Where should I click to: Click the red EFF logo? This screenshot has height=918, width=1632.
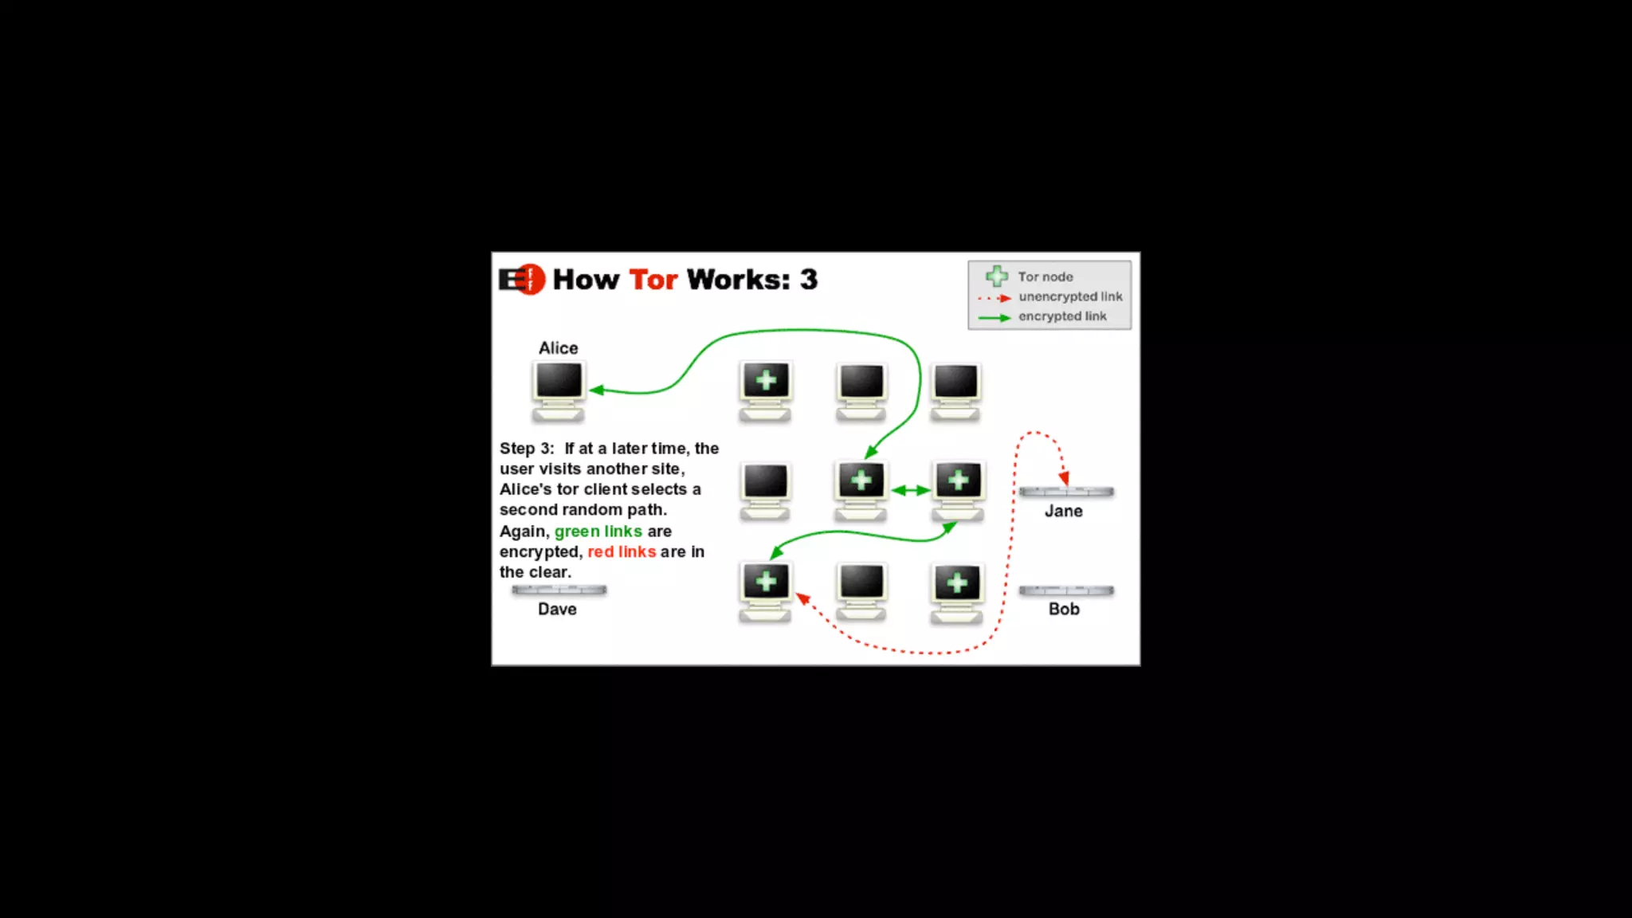point(522,280)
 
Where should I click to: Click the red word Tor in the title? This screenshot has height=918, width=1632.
point(653,280)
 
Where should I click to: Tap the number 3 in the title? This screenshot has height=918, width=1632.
point(809,280)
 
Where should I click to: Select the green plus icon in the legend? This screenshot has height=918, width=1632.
point(997,277)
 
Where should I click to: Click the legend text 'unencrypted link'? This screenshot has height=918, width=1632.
point(1070,296)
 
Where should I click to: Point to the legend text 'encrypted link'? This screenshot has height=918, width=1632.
point(1062,316)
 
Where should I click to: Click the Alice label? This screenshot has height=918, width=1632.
point(558,348)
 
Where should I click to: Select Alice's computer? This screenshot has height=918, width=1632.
point(559,390)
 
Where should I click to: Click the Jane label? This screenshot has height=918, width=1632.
point(1064,511)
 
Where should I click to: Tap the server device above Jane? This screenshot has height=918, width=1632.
point(1066,492)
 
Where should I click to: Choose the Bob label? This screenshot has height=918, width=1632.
point(1064,609)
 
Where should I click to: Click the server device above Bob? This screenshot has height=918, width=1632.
point(1066,590)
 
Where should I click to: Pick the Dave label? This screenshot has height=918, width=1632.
point(557,609)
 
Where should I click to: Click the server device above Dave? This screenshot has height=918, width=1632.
point(559,590)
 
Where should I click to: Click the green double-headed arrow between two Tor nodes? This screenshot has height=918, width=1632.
point(911,490)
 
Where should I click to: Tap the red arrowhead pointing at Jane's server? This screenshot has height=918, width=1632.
point(1064,478)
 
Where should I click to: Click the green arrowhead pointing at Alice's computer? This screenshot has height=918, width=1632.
point(597,390)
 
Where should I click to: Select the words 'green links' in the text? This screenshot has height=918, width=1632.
point(598,531)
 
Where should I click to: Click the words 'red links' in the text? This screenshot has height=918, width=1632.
point(622,551)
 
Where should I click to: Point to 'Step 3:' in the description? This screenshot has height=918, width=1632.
point(527,449)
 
